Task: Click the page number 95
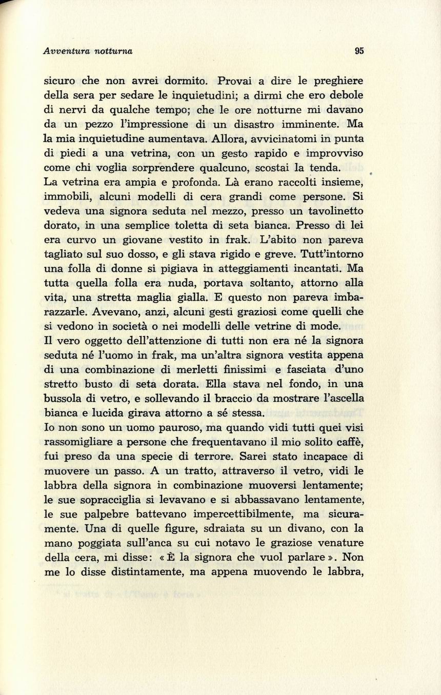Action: click(x=359, y=51)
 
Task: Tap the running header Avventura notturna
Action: click(x=88, y=51)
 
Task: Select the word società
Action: click(x=142, y=326)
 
